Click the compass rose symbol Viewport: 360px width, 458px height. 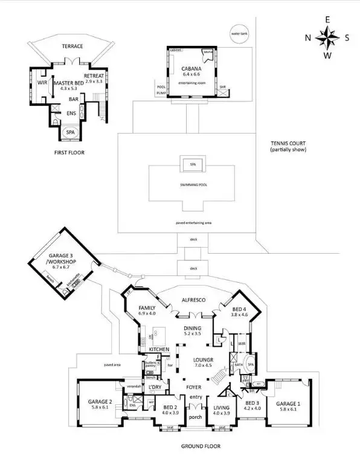pos(327,38)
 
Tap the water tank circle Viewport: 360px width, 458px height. pos(240,33)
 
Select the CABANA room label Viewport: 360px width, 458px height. pos(191,69)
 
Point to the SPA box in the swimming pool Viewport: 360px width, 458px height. pos(193,164)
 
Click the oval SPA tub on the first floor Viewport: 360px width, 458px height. pos(71,132)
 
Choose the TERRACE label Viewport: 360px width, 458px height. pos(72,46)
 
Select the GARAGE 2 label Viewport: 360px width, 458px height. pos(101,401)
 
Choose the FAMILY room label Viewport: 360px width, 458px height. pos(147,308)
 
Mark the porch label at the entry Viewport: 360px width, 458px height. pos(194,416)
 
